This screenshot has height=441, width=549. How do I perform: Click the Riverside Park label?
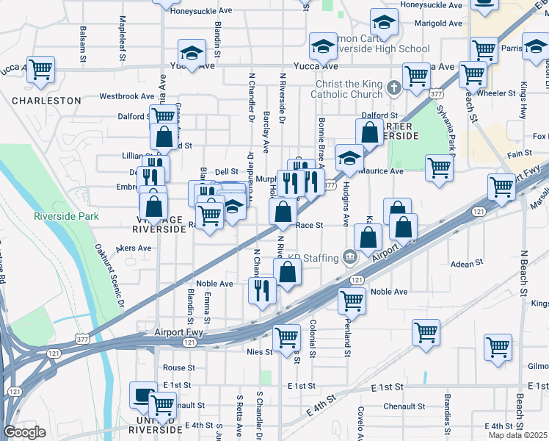pyautogui.click(x=66, y=217)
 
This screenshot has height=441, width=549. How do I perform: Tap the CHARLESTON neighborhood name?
pyautogui.click(x=46, y=100)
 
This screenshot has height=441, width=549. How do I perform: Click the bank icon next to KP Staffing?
pyautogui.click(x=349, y=257)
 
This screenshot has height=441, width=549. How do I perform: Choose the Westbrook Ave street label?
pyautogui.click(x=127, y=96)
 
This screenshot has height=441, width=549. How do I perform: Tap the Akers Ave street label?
pyautogui.click(x=134, y=248)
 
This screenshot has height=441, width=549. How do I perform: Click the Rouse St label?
pyautogui.click(x=179, y=367)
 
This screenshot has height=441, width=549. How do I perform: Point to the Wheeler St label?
pyautogui.click(x=496, y=93)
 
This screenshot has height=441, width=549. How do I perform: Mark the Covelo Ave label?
pyautogui.click(x=360, y=423)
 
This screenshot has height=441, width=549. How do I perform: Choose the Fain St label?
pyautogui.click(x=519, y=154)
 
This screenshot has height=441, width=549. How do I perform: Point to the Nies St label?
pyautogui.click(x=260, y=352)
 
